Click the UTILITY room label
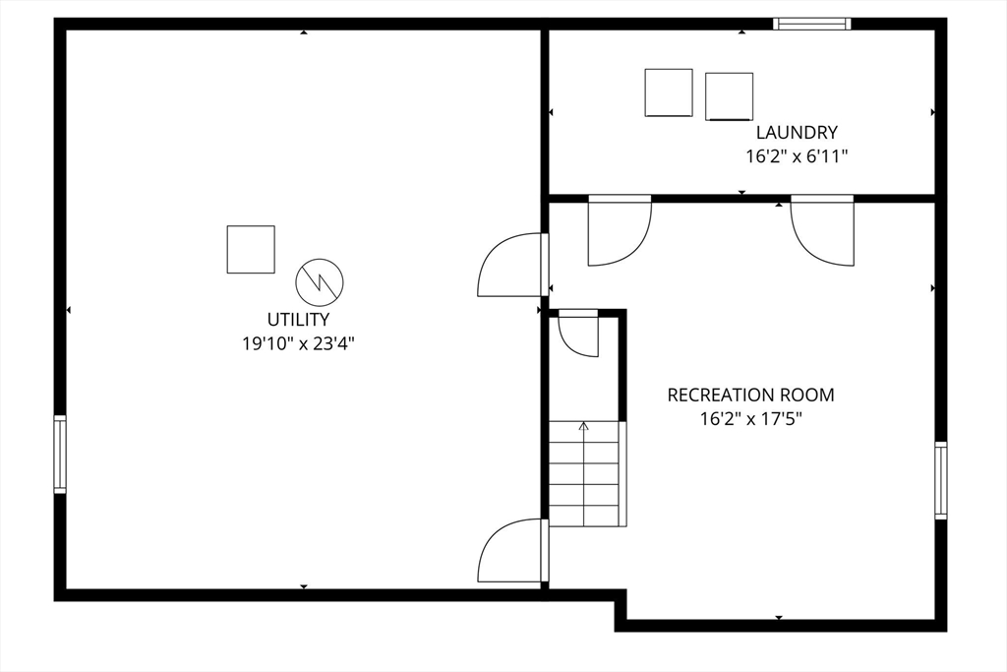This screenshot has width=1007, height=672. [298, 320]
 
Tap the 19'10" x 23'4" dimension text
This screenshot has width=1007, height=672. [298, 343]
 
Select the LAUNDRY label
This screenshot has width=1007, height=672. [797, 133]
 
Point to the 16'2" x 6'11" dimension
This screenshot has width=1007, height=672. [797, 156]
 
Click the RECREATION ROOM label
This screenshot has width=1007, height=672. [750, 395]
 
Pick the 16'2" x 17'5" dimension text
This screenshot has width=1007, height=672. [750, 419]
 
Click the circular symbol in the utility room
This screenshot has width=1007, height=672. [320, 282]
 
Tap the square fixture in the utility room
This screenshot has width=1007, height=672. [251, 249]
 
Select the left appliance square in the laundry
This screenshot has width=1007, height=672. [669, 92]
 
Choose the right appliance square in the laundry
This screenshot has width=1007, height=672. [729, 96]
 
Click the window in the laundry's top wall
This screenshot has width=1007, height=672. [811, 24]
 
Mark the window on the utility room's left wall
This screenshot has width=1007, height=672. [60, 455]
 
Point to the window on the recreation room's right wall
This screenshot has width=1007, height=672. [941, 480]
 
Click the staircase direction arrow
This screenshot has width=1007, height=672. [584, 473]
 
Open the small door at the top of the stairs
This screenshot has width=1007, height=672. [578, 334]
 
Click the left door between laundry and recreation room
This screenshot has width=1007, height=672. [620, 230]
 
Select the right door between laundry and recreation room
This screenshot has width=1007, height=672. [822, 230]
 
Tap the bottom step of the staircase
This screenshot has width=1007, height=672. [584, 516]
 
